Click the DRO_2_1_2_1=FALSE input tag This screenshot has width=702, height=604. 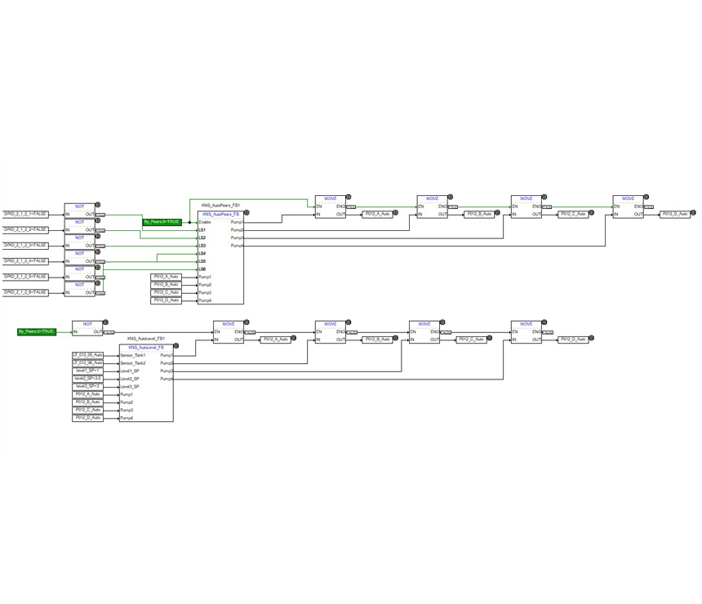click(x=25, y=214)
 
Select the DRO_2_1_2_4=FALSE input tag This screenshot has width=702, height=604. click(x=25, y=261)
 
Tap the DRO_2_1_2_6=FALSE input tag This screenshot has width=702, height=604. click(x=25, y=292)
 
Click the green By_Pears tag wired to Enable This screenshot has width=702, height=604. click(x=162, y=222)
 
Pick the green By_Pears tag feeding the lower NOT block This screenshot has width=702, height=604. click(x=37, y=332)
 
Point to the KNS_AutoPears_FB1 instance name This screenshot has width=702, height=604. click(x=220, y=205)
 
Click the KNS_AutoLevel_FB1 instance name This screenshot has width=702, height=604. click(x=146, y=338)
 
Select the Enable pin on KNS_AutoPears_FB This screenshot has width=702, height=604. click(x=205, y=222)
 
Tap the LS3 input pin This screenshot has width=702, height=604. click(x=202, y=246)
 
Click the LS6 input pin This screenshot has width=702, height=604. click(x=202, y=269)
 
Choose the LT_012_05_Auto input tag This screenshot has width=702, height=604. click(x=87, y=355)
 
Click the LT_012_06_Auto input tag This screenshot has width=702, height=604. click(x=87, y=363)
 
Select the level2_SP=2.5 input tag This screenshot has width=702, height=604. click(x=87, y=379)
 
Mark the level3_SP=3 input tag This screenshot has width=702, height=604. click(x=87, y=387)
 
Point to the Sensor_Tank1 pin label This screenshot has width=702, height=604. click(x=133, y=355)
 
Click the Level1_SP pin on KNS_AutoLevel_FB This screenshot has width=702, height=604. click(x=130, y=371)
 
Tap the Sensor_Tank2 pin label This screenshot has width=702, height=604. click(x=133, y=363)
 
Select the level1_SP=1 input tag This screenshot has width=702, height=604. click(x=87, y=371)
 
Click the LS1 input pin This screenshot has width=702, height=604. click(x=202, y=230)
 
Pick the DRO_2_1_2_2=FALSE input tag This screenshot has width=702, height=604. click(x=25, y=230)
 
